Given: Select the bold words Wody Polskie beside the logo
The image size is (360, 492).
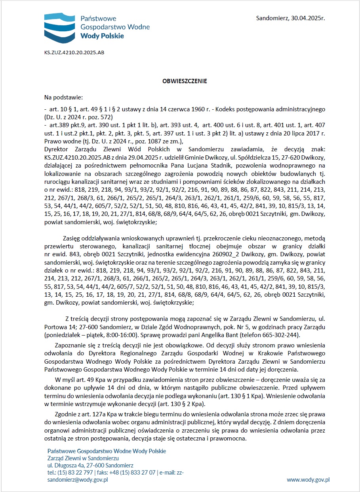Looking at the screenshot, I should (x=102, y=36).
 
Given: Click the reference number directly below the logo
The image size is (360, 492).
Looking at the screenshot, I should (x=74, y=52).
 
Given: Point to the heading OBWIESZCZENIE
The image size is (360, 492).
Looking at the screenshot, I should (x=185, y=81).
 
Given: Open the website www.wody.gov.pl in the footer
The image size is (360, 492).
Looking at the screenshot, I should (x=308, y=480).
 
